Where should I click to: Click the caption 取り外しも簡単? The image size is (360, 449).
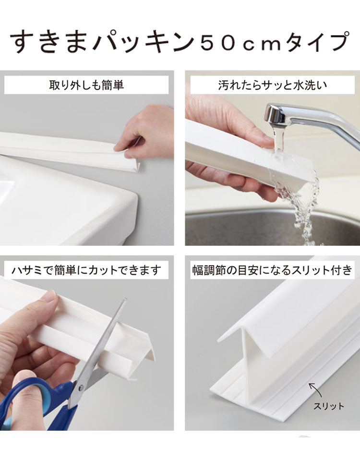(86, 85)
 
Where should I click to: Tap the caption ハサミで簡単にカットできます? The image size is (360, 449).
(86, 270)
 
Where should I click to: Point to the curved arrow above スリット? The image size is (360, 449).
(314, 388)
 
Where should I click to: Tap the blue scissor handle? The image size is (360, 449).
(29, 399)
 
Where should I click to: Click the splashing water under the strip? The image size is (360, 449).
(302, 202)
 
